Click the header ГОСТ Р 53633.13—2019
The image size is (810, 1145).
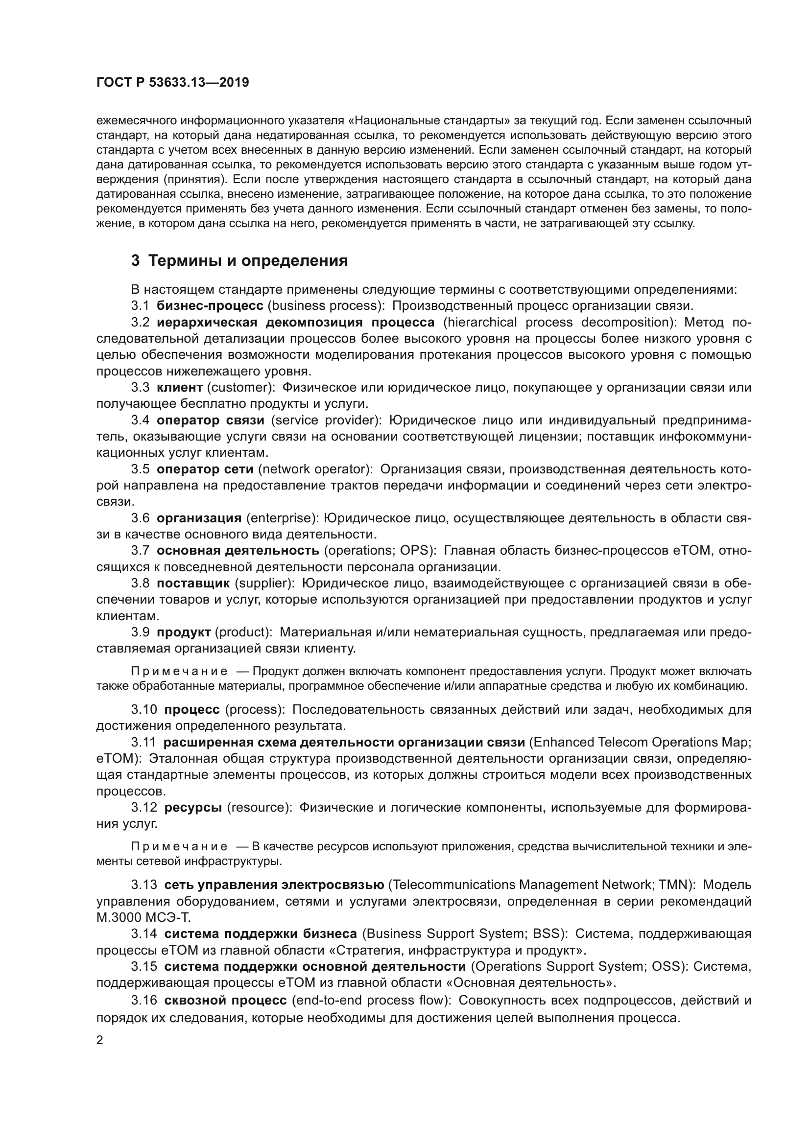(x=172, y=83)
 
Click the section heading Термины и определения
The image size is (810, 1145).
(x=239, y=261)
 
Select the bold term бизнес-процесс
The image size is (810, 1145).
(x=210, y=305)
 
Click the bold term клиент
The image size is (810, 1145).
(x=180, y=388)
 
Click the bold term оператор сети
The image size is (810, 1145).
(x=205, y=469)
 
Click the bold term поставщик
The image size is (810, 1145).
(x=193, y=583)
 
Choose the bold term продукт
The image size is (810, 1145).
(x=184, y=632)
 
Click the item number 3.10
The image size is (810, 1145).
(x=144, y=710)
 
